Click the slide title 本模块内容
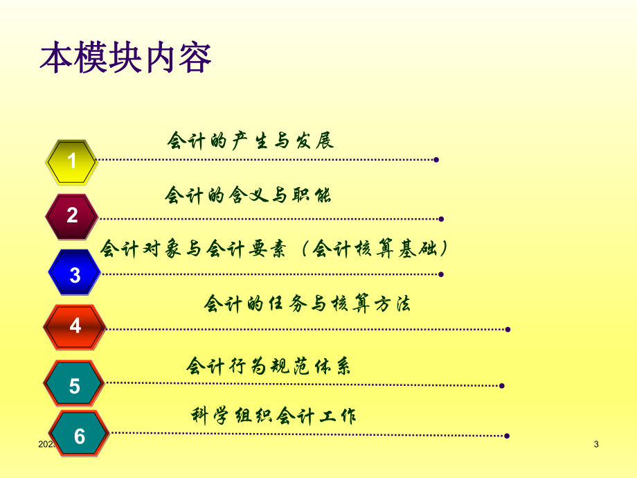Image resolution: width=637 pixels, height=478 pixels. [125, 60]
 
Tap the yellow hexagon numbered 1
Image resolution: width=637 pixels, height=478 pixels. [71, 161]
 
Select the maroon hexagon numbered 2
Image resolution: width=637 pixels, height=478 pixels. [72, 215]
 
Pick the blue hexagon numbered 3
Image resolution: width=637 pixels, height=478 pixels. [75, 274]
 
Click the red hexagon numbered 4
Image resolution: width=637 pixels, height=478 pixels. [75, 326]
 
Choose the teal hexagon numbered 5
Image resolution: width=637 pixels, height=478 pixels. [74, 385]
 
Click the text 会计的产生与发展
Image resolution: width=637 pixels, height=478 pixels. [251, 141]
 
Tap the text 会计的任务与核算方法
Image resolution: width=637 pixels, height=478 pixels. [307, 303]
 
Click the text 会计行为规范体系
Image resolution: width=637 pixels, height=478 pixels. [269, 366]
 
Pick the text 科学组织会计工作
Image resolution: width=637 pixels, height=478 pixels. [273, 416]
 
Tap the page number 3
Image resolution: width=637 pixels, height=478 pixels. [596, 444]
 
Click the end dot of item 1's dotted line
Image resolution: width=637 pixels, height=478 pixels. [436, 160]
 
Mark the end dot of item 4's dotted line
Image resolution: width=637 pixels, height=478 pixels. [508, 329]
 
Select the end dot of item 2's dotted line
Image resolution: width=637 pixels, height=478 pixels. [441, 219]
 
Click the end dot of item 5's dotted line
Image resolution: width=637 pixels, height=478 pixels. [502, 386]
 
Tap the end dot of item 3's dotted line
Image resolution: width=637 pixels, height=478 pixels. [441, 274]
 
